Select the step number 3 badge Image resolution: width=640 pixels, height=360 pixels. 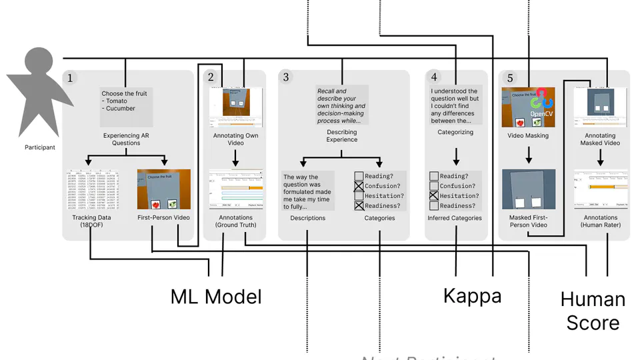[286, 77]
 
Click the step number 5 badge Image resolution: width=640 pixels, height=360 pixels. [510, 78]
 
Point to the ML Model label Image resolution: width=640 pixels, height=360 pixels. [216, 296]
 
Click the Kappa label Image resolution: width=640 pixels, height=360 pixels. [472, 295]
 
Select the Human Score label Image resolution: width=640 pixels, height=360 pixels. [593, 311]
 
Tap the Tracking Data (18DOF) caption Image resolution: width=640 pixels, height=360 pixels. [91, 221]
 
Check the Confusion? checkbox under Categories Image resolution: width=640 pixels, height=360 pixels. [359, 186]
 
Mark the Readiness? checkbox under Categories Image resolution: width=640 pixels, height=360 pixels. [359, 206]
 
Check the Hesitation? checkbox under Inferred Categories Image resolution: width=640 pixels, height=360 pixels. [434, 196]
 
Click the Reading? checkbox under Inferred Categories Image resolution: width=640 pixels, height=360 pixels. [434, 176]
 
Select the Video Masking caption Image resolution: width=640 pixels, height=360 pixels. [528, 135]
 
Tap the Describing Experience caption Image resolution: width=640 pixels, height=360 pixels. [341, 136]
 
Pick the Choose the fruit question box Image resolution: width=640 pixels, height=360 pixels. [126, 107]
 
